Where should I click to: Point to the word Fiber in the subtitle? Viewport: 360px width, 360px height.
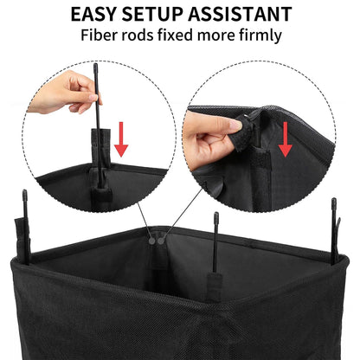click(x=101, y=36)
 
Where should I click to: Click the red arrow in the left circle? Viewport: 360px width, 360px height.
click(x=122, y=138)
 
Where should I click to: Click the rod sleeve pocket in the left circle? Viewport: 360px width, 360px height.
click(x=100, y=147)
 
